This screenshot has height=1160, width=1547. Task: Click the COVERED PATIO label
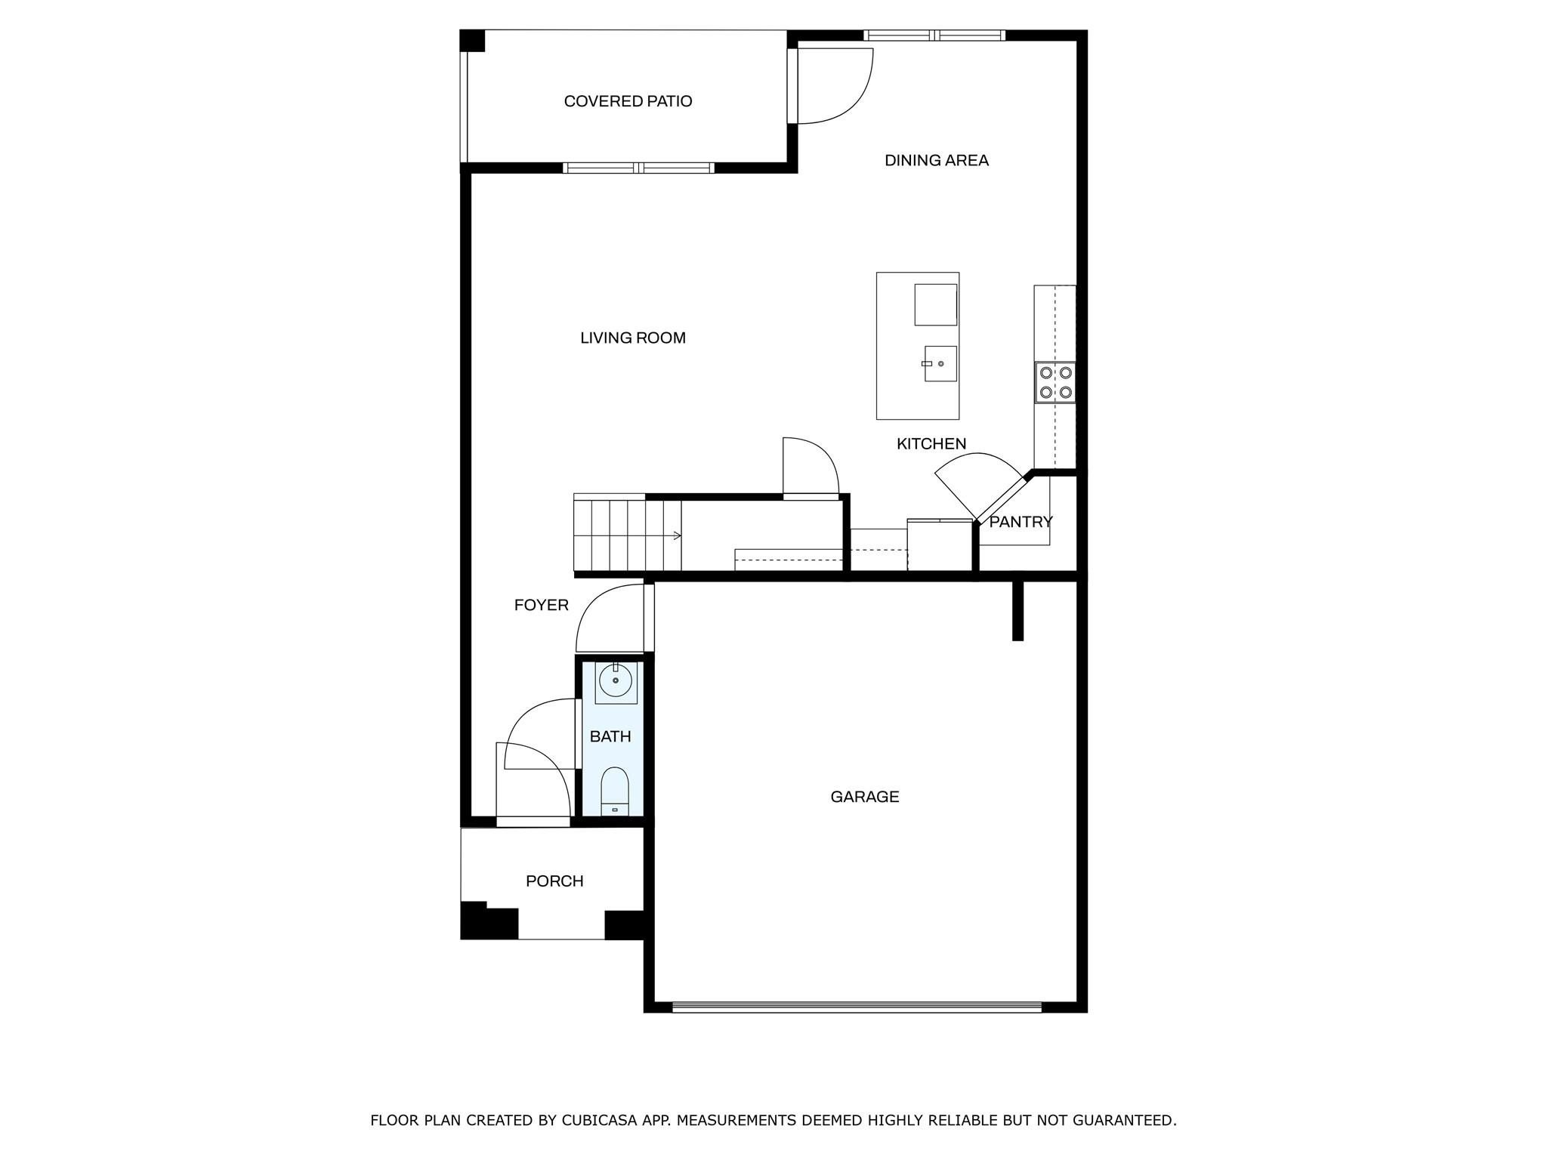click(x=628, y=101)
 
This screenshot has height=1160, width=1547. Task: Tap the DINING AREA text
click(x=936, y=160)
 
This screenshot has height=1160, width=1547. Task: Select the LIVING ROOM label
click(x=632, y=338)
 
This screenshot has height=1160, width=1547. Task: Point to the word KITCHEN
click(x=931, y=443)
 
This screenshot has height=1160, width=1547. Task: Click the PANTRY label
click(x=1020, y=522)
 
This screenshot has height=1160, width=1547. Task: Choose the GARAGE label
click(x=864, y=797)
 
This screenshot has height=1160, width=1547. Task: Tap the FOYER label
click(x=541, y=605)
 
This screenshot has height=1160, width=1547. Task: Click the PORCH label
click(x=554, y=881)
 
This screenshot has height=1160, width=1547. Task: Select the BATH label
click(x=610, y=736)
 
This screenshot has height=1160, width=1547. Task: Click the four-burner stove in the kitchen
click(x=1054, y=382)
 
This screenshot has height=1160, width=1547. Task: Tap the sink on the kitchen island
click(x=939, y=363)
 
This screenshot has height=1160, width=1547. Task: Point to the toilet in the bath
click(x=615, y=791)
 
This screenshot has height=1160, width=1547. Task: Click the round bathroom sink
click(x=616, y=681)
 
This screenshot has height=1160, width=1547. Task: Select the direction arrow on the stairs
click(x=676, y=535)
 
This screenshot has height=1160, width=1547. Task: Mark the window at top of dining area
click(x=934, y=35)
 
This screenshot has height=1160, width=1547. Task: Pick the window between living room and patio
click(x=638, y=168)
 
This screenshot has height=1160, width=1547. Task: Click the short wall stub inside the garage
click(x=1017, y=610)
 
